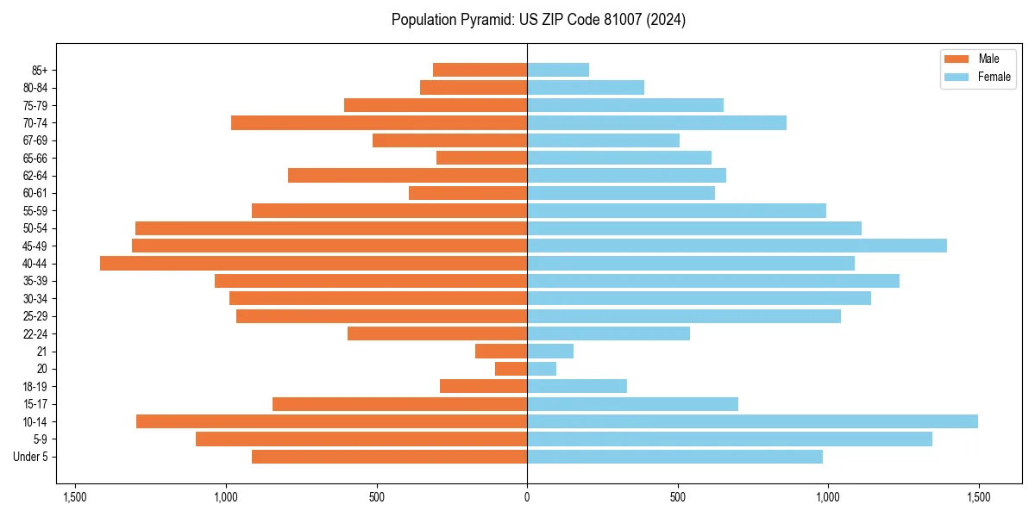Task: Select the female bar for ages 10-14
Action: (752, 421)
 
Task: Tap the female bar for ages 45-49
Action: (737, 246)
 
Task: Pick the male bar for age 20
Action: (511, 369)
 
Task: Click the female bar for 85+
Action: (558, 70)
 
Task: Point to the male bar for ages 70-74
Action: (379, 123)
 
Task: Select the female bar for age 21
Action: (550, 352)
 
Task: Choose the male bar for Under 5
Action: (389, 457)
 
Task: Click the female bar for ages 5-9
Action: (730, 439)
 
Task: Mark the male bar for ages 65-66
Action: (481, 158)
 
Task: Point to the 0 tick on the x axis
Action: (527, 497)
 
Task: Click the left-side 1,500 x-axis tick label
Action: (75, 497)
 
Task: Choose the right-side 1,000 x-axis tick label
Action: (828, 497)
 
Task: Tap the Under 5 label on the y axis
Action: (31, 457)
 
